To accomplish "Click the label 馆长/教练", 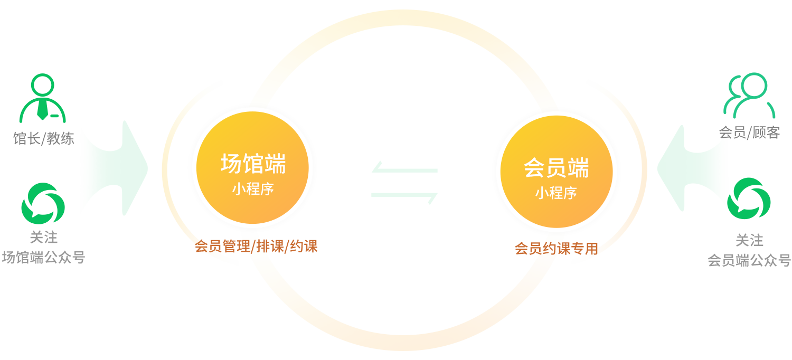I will click(43, 139).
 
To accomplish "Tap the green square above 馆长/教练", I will click(42, 97).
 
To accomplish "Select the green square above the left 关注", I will click(43, 204).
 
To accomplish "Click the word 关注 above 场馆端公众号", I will click(43, 238).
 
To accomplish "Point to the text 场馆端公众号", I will click(43, 258).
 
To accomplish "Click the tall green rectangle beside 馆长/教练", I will click(110, 169).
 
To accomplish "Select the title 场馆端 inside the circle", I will click(253, 164).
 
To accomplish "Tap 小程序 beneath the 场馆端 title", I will click(253, 189).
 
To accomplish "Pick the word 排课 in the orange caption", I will click(270, 247).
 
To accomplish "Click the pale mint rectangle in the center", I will click(404, 183).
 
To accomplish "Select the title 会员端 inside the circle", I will click(556, 168).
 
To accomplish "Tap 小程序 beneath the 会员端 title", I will click(556, 193).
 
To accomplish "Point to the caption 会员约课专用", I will click(557, 249).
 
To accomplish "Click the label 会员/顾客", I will click(749, 133).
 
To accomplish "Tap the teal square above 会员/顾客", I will click(749, 96).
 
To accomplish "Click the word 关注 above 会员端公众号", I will click(749, 241).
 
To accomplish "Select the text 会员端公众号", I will click(749, 260).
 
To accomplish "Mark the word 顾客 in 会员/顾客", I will click(766, 133).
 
